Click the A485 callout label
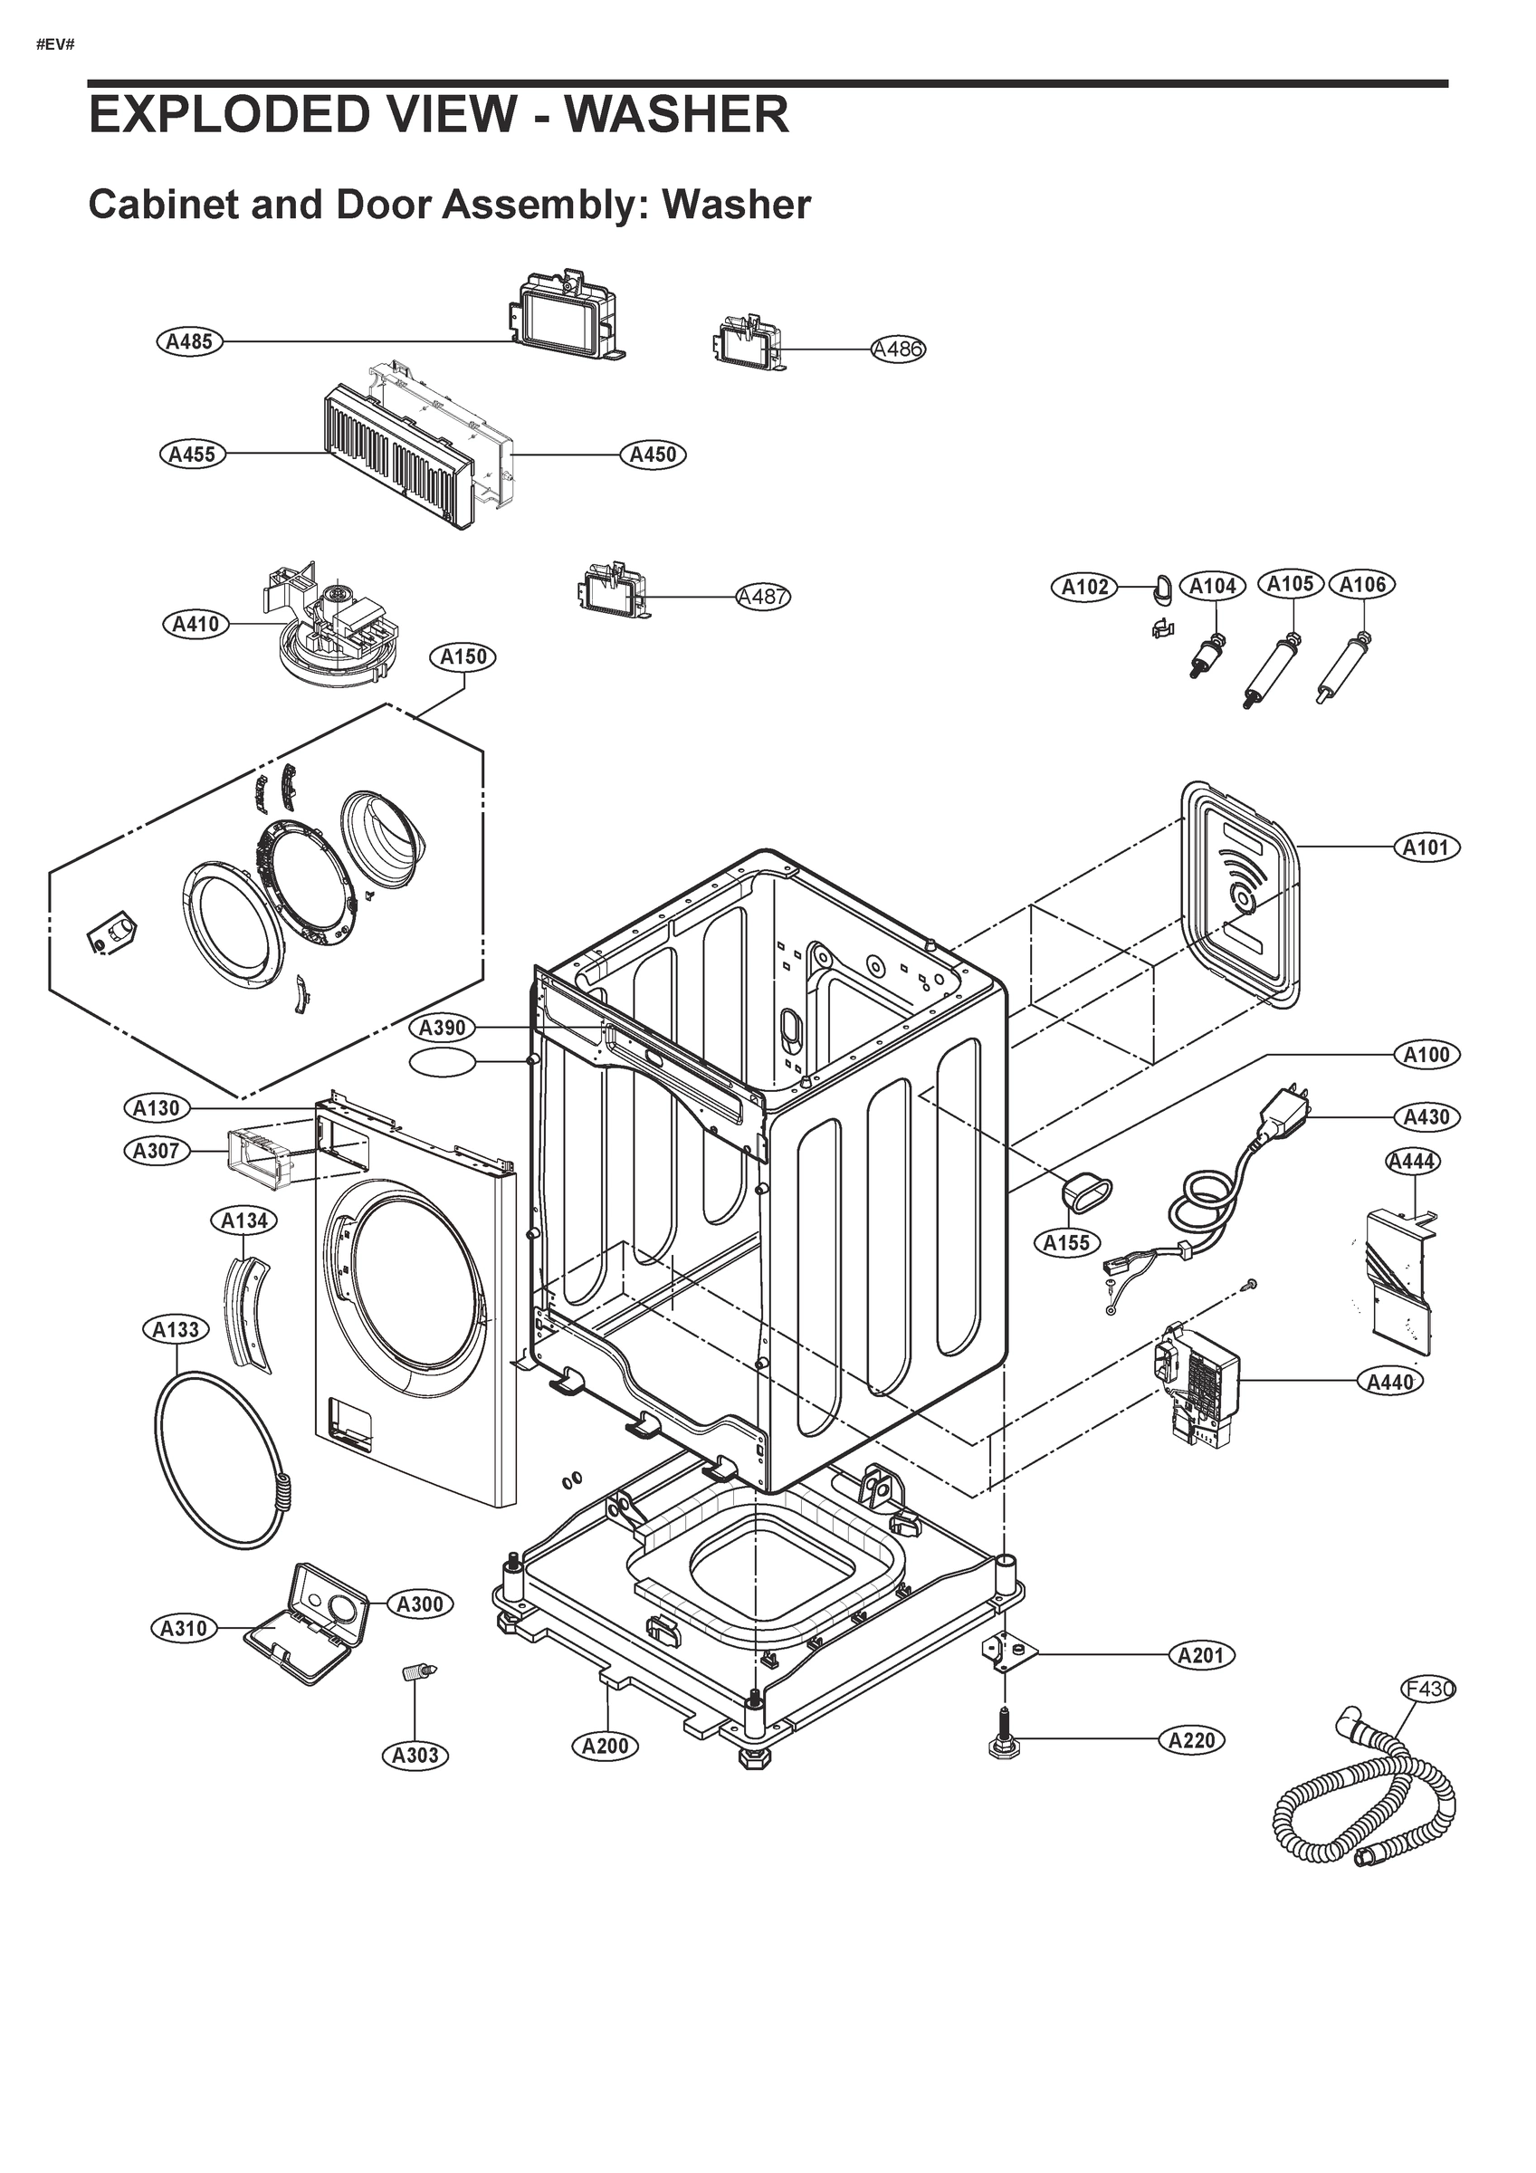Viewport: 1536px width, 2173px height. [x=189, y=341]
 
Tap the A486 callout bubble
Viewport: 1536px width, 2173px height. [x=897, y=349]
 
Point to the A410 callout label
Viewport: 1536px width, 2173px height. [x=196, y=624]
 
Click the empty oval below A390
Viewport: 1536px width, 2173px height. [x=442, y=1063]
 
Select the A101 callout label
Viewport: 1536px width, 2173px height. [x=1427, y=847]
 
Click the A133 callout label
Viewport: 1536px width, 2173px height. [x=176, y=1330]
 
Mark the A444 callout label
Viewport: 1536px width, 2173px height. [x=1412, y=1162]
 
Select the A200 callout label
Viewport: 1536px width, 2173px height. [x=605, y=1747]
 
